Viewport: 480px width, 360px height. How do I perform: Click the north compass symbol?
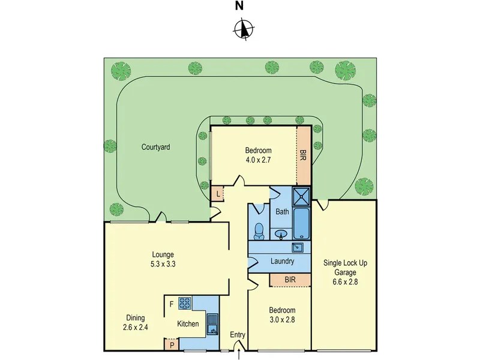(244, 29)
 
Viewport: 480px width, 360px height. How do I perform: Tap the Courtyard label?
(155, 147)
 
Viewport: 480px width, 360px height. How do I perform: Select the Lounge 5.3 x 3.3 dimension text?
(163, 264)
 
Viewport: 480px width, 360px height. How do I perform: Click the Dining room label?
(136, 318)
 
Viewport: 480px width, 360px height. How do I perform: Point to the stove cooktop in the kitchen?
(185, 302)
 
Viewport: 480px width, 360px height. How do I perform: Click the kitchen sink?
(212, 324)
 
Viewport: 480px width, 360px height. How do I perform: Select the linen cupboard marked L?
(218, 193)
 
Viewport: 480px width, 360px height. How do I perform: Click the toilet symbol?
(259, 231)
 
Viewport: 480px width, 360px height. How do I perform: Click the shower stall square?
(302, 196)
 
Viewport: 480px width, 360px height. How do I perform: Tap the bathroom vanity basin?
(281, 234)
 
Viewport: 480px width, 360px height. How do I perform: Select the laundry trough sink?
(297, 247)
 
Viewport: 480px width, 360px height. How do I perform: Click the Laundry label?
(282, 261)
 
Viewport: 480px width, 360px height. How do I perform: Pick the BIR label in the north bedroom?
(303, 155)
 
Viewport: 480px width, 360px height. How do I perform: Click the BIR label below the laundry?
(290, 280)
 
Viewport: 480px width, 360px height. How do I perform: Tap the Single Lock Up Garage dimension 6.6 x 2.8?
(345, 281)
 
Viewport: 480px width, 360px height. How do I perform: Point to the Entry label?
(238, 335)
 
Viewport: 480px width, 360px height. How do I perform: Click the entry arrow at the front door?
(239, 355)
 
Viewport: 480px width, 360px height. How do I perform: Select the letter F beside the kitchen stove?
(172, 304)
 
